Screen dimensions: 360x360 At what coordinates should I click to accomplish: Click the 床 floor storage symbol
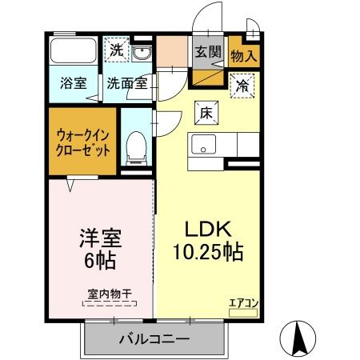(x=204, y=114)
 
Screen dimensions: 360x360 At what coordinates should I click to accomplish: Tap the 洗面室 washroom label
(x=126, y=82)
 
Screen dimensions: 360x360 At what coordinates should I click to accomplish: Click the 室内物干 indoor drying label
(x=110, y=294)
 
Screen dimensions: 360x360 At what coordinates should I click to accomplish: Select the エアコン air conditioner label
(x=243, y=302)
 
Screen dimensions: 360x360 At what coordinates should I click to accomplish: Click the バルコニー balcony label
(x=154, y=339)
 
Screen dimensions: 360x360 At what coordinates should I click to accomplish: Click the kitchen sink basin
(x=203, y=147)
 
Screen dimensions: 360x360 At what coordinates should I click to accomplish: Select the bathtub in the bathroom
(x=73, y=54)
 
